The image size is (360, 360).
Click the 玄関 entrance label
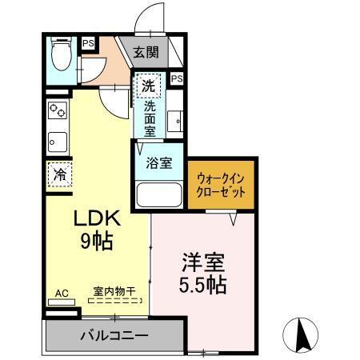[x=146, y=53]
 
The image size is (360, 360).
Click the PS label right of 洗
[x=177, y=78]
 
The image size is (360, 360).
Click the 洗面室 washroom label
[x=150, y=115]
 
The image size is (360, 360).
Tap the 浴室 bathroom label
[x=158, y=163]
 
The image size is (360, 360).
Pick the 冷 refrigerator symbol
[x=59, y=172]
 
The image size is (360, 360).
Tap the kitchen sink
[x=58, y=142]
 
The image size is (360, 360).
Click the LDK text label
[x=97, y=218]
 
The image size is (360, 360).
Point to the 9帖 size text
[x=96, y=240]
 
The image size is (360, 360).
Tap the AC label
[x=59, y=293]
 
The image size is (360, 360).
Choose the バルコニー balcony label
[x=110, y=334]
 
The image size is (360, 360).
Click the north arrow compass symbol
[x=302, y=334]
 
